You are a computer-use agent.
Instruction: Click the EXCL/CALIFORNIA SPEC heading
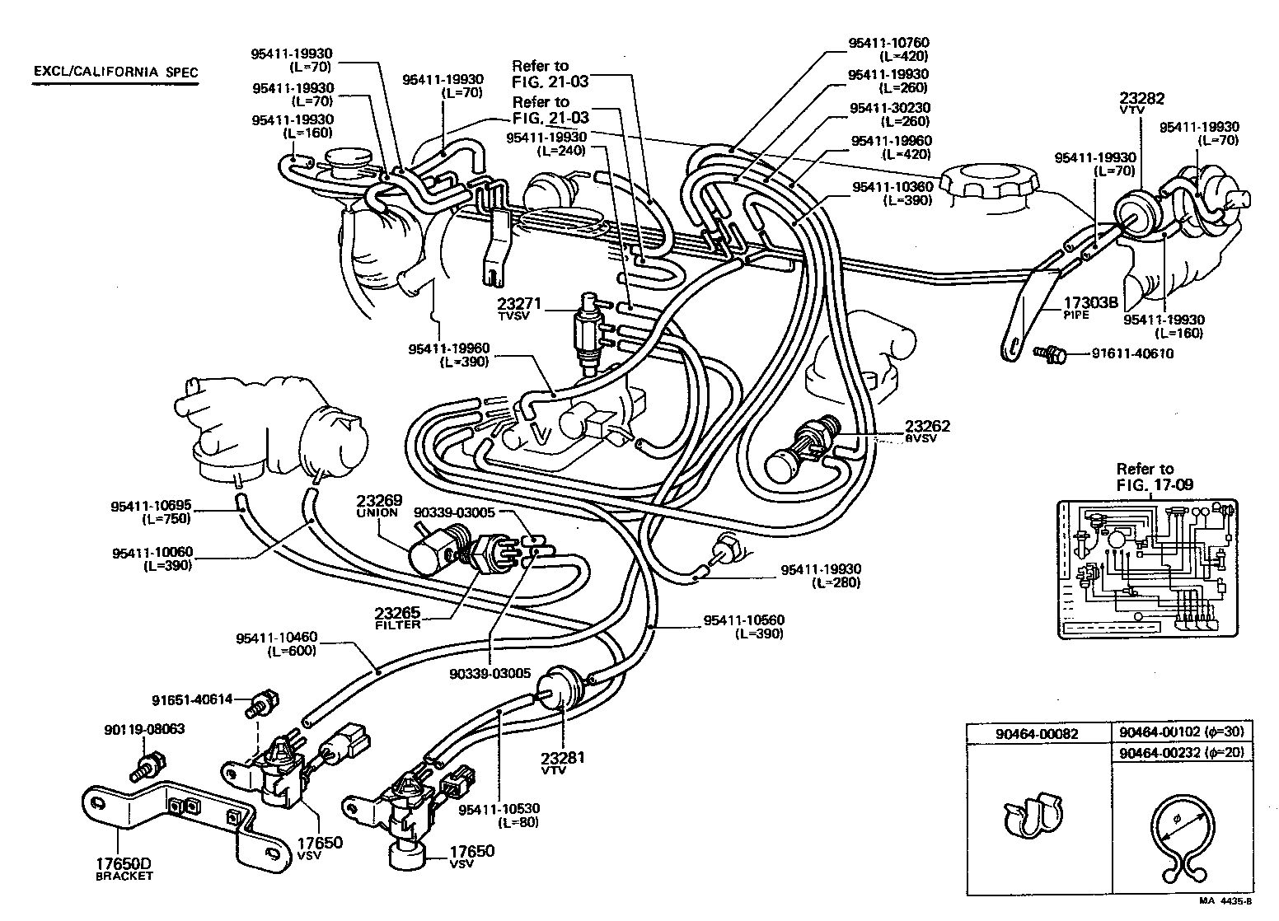[x=115, y=72]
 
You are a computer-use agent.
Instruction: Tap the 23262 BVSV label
[x=927, y=431]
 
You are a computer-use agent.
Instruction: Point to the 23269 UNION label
[x=378, y=505]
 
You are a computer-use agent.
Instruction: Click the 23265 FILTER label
[x=397, y=618]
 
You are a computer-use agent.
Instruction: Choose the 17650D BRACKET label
[x=123, y=869]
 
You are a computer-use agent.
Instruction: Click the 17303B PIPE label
[x=1089, y=306]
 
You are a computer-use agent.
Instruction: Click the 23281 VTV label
[x=562, y=761]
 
